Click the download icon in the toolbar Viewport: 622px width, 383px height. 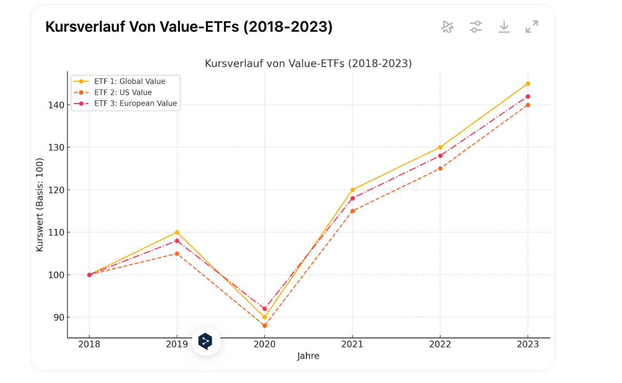tap(504, 27)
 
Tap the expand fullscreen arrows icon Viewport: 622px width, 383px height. tap(532, 27)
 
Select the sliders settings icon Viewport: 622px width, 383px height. tap(476, 27)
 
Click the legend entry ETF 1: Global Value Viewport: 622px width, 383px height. tap(130, 81)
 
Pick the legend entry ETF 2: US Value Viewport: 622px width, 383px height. tap(123, 93)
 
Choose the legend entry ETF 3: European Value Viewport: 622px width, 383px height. tap(135, 103)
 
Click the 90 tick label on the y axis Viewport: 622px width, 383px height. tap(59, 317)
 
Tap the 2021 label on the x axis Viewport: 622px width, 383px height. tap(352, 345)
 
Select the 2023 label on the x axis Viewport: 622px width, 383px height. tap(528, 345)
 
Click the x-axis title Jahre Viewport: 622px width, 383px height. tap(308, 356)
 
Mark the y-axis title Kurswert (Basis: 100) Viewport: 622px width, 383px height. tap(40, 204)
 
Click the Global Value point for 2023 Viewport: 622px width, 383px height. tap(528, 83)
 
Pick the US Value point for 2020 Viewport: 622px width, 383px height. tap(264, 326)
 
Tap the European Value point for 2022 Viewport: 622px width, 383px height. tap(440, 156)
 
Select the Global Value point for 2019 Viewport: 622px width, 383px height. tap(177, 232)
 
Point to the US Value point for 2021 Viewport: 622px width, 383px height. tap(353, 211)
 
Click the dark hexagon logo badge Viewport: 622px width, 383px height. tap(205, 342)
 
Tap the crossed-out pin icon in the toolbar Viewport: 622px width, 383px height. tap(447, 27)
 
